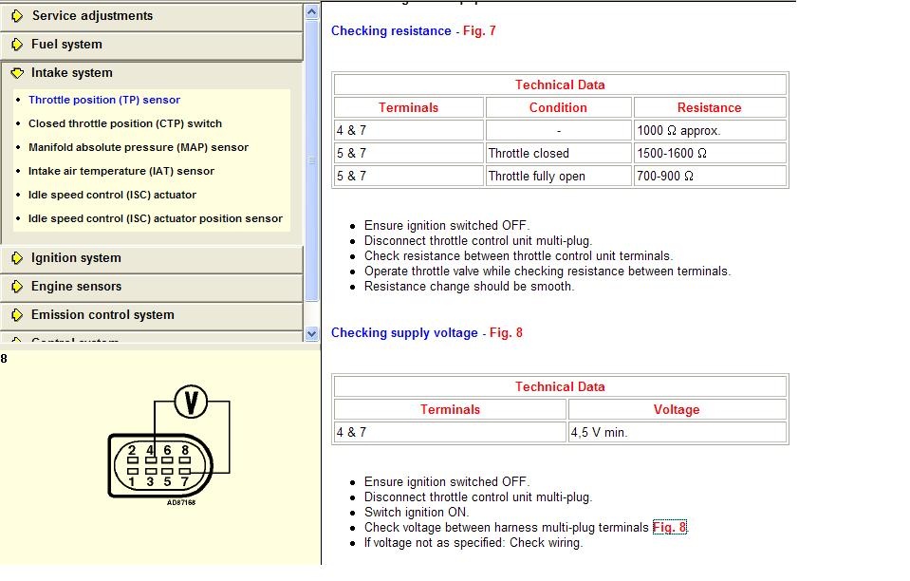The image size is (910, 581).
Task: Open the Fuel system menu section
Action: [x=66, y=45]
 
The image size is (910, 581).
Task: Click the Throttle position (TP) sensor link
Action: [x=104, y=100]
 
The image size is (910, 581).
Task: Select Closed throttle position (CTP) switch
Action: [x=125, y=123]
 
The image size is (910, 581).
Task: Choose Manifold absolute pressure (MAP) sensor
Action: [x=139, y=147]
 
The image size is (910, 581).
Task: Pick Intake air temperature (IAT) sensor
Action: [x=121, y=171]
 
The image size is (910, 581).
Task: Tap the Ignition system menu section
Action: [x=76, y=258]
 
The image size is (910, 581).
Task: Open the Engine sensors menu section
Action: [x=76, y=287]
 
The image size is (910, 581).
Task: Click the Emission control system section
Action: [x=102, y=315]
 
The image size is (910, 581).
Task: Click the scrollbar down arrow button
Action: [x=312, y=334]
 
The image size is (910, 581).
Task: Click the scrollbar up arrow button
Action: [x=312, y=11]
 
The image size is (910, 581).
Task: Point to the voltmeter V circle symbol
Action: [x=192, y=403]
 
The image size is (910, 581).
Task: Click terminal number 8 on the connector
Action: [x=185, y=450]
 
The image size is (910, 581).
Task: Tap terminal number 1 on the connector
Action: [x=132, y=481]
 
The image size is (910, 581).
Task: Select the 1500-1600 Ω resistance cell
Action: [x=710, y=153]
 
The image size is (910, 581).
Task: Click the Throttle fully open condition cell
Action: [x=558, y=176]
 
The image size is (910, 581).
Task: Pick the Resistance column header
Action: [x=709, y=107]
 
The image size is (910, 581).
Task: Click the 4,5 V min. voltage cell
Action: [x=678, y=432]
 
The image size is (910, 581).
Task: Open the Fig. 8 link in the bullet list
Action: [x=669, y=528]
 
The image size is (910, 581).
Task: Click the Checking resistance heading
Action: [x=391, y=31]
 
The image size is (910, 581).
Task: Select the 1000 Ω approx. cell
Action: [x=710, y=130]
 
